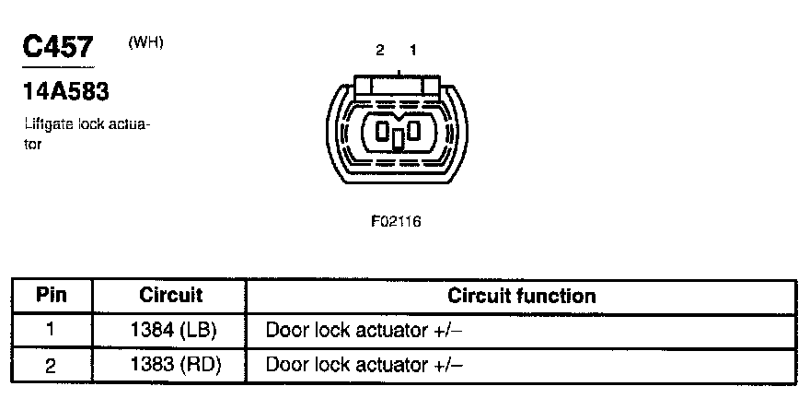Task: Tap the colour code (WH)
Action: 146,42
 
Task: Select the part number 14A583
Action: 64,93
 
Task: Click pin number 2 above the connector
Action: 379,51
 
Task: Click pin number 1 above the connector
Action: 413,51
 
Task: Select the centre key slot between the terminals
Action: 398,138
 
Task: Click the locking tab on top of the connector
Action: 398,85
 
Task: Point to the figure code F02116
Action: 397,221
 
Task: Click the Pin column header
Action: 52,296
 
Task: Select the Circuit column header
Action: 170,296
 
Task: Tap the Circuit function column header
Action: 521,296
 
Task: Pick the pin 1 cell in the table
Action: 52,330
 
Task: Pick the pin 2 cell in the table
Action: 52,365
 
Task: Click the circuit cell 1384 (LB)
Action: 170,330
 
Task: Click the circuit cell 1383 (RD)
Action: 170,365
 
